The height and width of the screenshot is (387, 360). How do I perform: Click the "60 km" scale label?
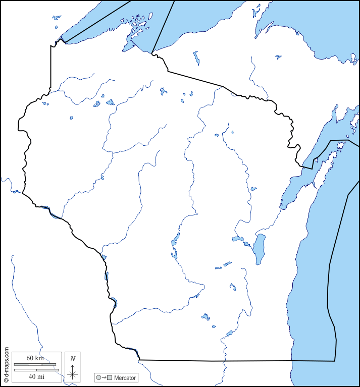[x=35, y=358]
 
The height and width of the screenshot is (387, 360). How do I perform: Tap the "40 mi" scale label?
[x=35, y=376]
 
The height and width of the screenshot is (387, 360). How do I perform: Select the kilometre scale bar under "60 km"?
[x=35, y=364]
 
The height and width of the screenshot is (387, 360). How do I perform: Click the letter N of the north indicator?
[x=73, y=359]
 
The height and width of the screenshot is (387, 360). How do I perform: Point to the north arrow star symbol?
[x=73, y=374]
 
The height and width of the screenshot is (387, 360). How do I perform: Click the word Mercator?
[x=125, y=377]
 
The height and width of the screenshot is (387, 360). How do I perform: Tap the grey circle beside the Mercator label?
[x=98, y=377]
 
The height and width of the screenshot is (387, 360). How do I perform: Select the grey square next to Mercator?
[x=109, y=377]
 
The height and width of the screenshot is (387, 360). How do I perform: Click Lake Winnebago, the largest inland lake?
[x=260, y=248]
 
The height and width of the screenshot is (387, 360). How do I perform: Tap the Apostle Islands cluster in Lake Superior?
[x=137, y=25]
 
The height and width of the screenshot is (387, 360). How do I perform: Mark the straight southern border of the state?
[x=237, y=361]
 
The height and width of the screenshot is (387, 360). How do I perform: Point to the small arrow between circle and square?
[x=104, y=377]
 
